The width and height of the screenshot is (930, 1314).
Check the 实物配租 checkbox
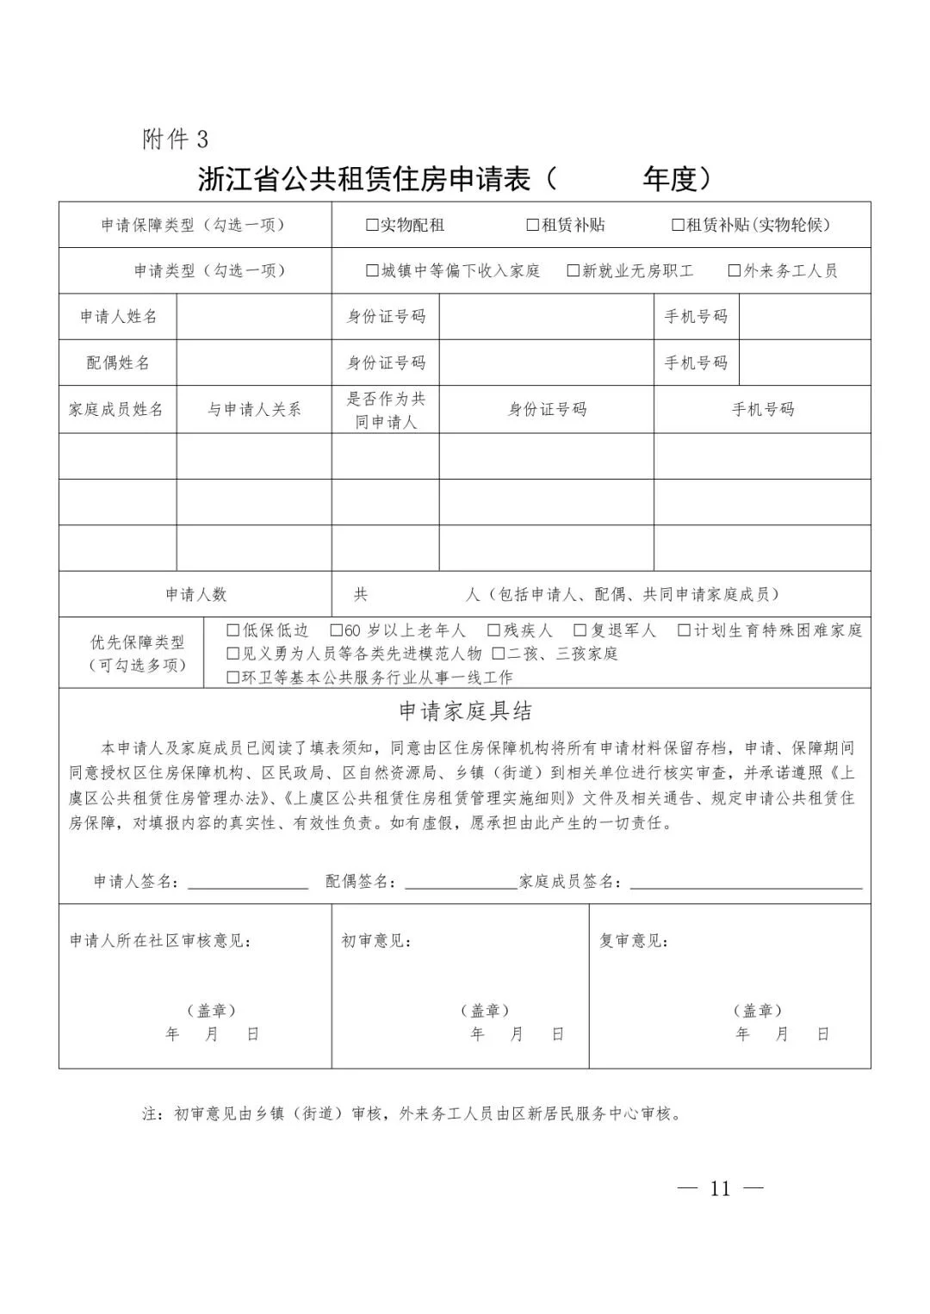[x=372, y=226]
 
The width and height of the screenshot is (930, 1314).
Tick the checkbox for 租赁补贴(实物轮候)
[x=678, y=226]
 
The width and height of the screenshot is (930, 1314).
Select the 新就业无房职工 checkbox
[x=573, y=271]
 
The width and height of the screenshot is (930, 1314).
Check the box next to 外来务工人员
[x=734, y=271]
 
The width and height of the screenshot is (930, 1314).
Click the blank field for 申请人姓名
[x=254, y=317]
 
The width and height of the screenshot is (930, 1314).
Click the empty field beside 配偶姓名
[x=254, y=363]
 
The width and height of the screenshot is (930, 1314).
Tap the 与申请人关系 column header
[x=254, y=410]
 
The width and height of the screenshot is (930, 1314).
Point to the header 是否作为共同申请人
[x=386, y=410]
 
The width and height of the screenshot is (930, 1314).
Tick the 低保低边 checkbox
[x=232, y=630]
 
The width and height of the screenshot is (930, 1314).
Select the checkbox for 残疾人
[x=493, y=630]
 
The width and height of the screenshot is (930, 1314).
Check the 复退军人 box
[x=580, y=630]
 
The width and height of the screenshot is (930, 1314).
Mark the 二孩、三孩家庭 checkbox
[x=498, y=654]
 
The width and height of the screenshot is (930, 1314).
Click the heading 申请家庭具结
[x=465, y=711]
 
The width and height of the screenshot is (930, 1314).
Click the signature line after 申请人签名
[x=248, y=883]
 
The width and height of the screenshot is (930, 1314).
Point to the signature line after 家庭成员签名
[x=746, y=883]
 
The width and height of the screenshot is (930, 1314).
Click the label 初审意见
[x=376, y=941]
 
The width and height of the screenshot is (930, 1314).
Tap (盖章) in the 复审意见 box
[x=758, y=1010]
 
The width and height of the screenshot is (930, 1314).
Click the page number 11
[x=721, y=1189]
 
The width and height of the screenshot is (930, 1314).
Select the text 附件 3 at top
[x=175, y=139]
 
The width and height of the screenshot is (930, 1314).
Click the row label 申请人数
[x=195, y=595]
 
